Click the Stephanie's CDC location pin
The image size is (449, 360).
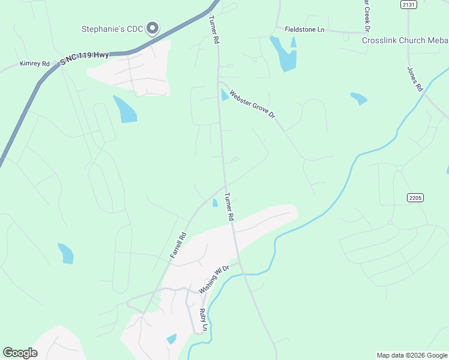(152, 28)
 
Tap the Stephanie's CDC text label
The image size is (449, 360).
(112, 29)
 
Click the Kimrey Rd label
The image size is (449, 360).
(34, 63)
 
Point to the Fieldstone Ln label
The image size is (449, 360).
(304, 29)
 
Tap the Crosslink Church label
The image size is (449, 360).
(405, 40)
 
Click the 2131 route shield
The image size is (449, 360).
(409, 4)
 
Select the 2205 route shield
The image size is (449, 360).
(415, 197)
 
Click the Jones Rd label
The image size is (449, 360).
(415, 79)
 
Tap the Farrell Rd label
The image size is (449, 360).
(178, 245)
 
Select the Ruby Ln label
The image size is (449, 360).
(203, 320)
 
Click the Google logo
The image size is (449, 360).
(20, 353)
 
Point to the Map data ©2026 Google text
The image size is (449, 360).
(411, 355)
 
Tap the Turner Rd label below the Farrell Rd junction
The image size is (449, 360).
(228, 206)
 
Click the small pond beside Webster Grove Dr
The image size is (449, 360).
(224, 95)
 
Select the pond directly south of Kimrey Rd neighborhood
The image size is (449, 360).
(125, 109)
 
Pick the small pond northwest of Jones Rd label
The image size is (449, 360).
(358, 98)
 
